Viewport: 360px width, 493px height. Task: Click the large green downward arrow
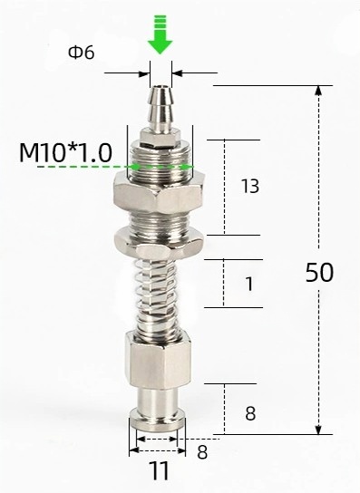161,34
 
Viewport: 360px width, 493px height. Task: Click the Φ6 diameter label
82,53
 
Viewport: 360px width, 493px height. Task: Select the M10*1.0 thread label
65,153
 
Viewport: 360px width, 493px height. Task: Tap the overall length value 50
319,273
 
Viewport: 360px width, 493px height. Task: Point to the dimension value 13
250,186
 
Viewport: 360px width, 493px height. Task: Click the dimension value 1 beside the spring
249,284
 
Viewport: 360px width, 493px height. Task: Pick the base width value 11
159,470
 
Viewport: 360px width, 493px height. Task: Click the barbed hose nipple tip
161,109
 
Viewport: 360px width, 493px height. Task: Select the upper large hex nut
161,193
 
